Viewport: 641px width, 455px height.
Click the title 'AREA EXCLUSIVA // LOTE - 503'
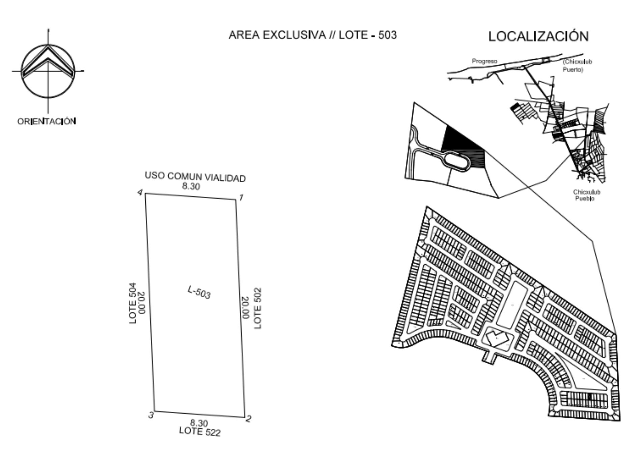(312, 35)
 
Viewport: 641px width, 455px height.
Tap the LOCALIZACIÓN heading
(538, 36)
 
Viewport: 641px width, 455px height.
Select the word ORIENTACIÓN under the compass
(47, 121)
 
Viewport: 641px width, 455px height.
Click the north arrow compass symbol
(48, 71)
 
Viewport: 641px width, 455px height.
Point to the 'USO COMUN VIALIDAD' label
(195, 177)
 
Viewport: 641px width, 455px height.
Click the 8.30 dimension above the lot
(191, 186)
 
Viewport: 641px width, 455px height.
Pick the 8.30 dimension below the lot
(199, 423)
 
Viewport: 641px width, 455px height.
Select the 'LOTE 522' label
(200, 431)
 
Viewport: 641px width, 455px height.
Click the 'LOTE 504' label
(133, 303)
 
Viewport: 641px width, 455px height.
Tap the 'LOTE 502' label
(258, 308)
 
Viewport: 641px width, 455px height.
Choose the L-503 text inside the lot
(199, 292)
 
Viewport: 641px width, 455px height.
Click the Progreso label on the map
(484, 61)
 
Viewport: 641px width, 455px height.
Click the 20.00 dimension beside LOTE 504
(142, 303)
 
